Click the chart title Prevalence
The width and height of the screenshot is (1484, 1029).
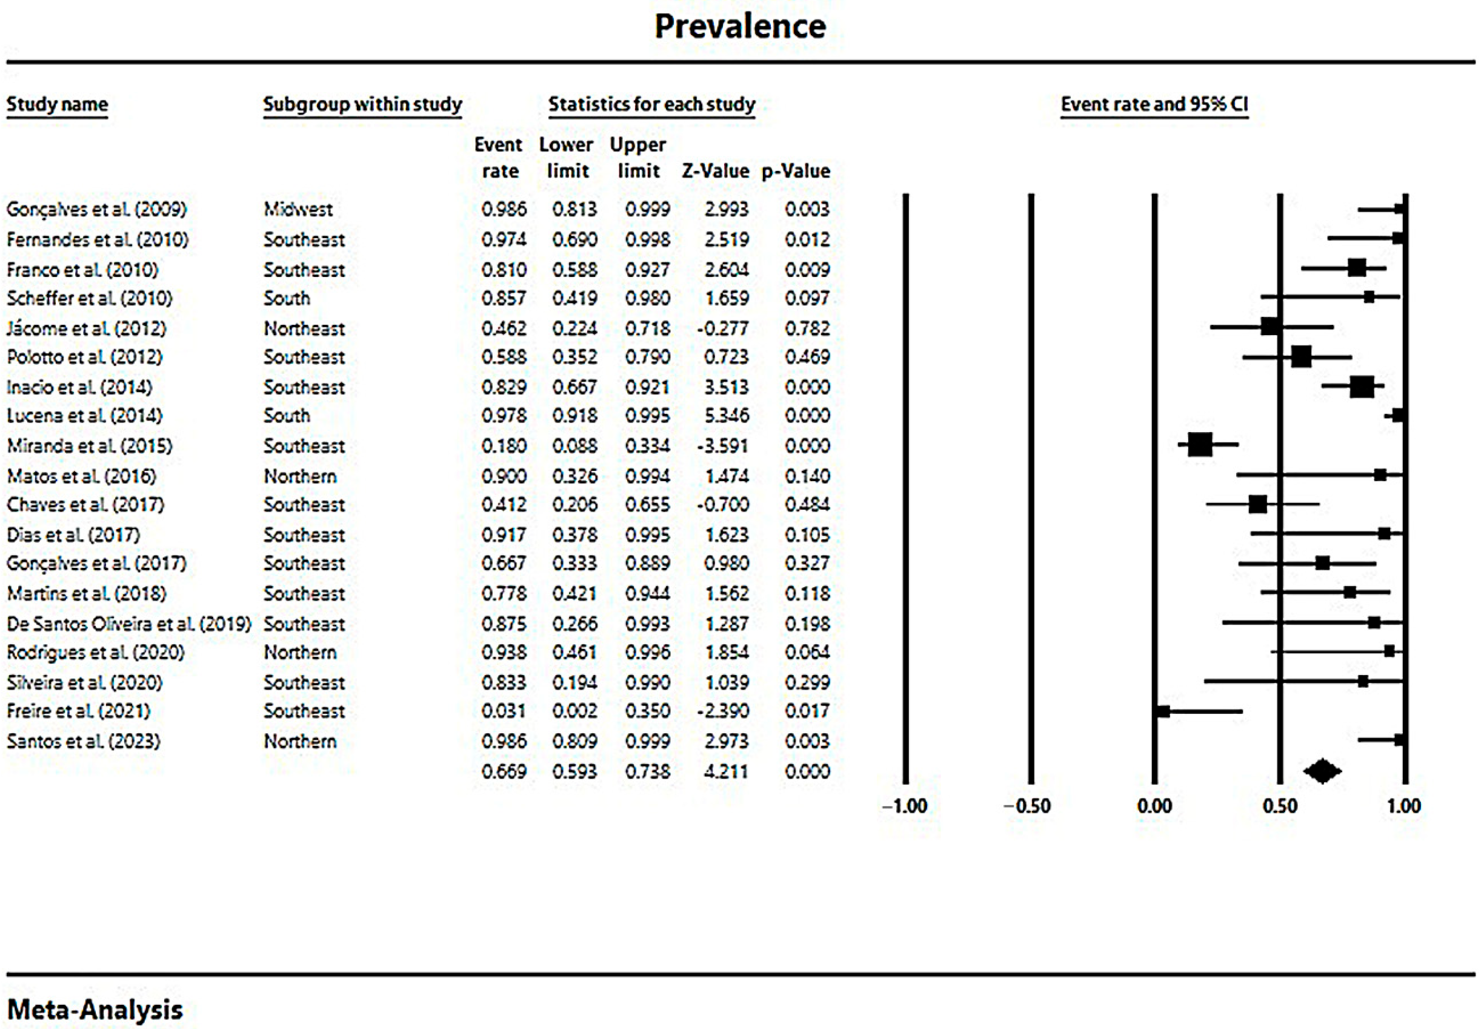[740, 27]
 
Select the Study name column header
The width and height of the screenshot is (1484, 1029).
[58, 104]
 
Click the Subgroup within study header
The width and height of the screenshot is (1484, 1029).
[362, 104]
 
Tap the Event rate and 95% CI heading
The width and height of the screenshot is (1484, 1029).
[1154, 104]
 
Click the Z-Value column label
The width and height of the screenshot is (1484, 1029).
[716, 171]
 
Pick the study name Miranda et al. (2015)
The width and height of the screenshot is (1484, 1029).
[90, 446]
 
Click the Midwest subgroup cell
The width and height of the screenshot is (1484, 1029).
[298, 210]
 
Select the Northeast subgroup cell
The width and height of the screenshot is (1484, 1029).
[304, 329]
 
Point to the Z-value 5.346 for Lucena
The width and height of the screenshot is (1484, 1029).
[727, 416]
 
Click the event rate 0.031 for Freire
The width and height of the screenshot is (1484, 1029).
[504, 711]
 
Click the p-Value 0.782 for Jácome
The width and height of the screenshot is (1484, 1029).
[807, 329]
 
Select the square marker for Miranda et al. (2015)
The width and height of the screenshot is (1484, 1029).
[1200, 445]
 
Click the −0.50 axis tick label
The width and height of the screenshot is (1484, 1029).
[1028, 807]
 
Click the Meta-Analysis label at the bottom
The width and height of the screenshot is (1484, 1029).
[95, 1010]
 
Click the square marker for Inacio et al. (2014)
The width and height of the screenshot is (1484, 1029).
[1362, 387]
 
